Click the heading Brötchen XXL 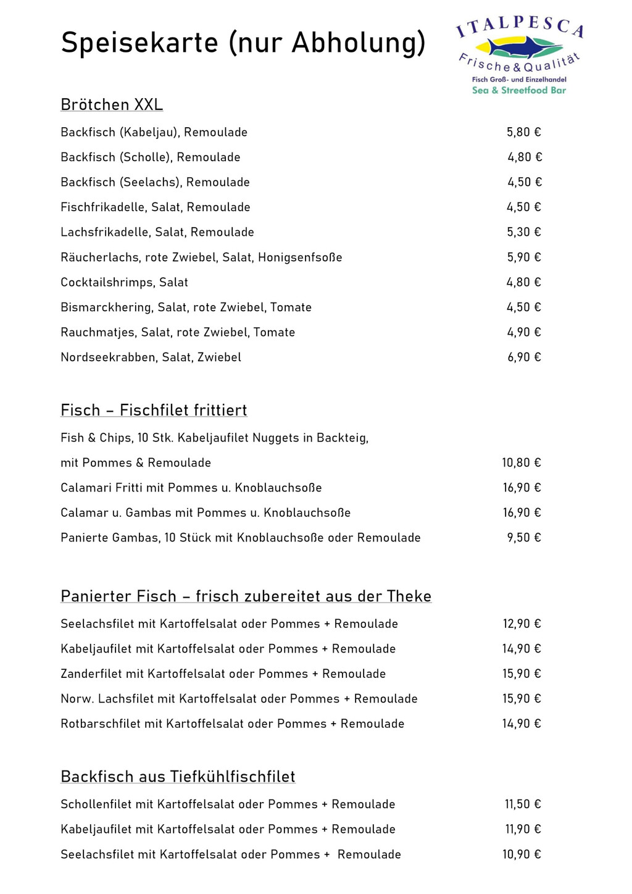[112, 104]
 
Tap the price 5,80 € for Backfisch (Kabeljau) [523, 132]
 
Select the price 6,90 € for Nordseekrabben [524, 357]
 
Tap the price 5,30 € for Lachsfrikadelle [523, 232]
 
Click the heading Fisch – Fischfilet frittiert [154, 410]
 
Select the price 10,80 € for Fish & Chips [521, 462]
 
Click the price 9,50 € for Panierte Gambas [523, 538]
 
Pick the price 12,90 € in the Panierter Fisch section [522, 624]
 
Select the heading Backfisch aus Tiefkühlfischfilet [178, 776]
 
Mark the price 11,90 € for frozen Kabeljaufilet [523, 829]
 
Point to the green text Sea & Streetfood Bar [518, 90]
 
